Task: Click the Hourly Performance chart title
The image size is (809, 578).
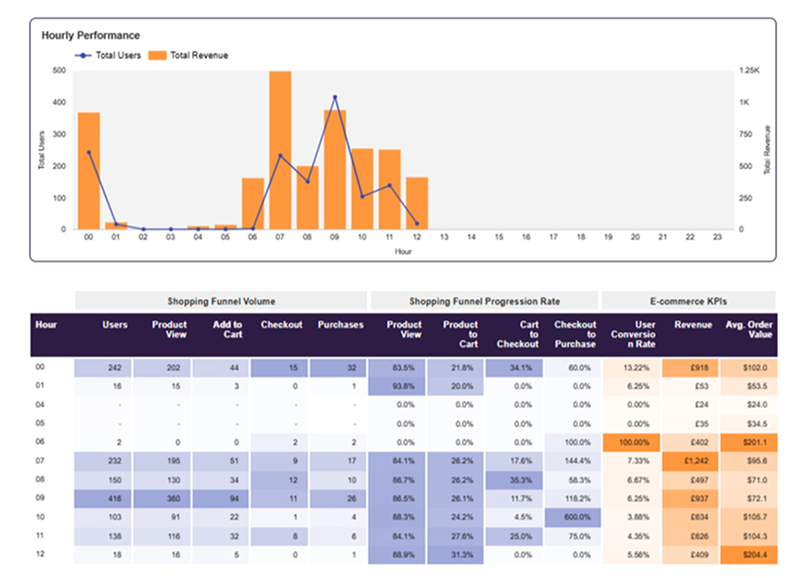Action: [x=91, y=36]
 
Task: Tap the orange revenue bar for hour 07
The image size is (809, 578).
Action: [x=280, y=149]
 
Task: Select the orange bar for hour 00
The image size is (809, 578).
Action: [x=89, y=170]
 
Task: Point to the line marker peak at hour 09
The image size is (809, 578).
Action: [x=334, y=97]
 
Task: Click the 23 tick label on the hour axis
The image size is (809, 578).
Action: [x=715, y=238]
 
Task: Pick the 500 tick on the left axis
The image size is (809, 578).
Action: [x=59, y=71]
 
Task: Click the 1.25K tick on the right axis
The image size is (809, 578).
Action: [x=749, y=71]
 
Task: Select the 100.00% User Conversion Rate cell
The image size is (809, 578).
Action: [x=633, y=443]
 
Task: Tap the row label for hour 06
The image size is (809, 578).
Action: [x=42, y=443]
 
